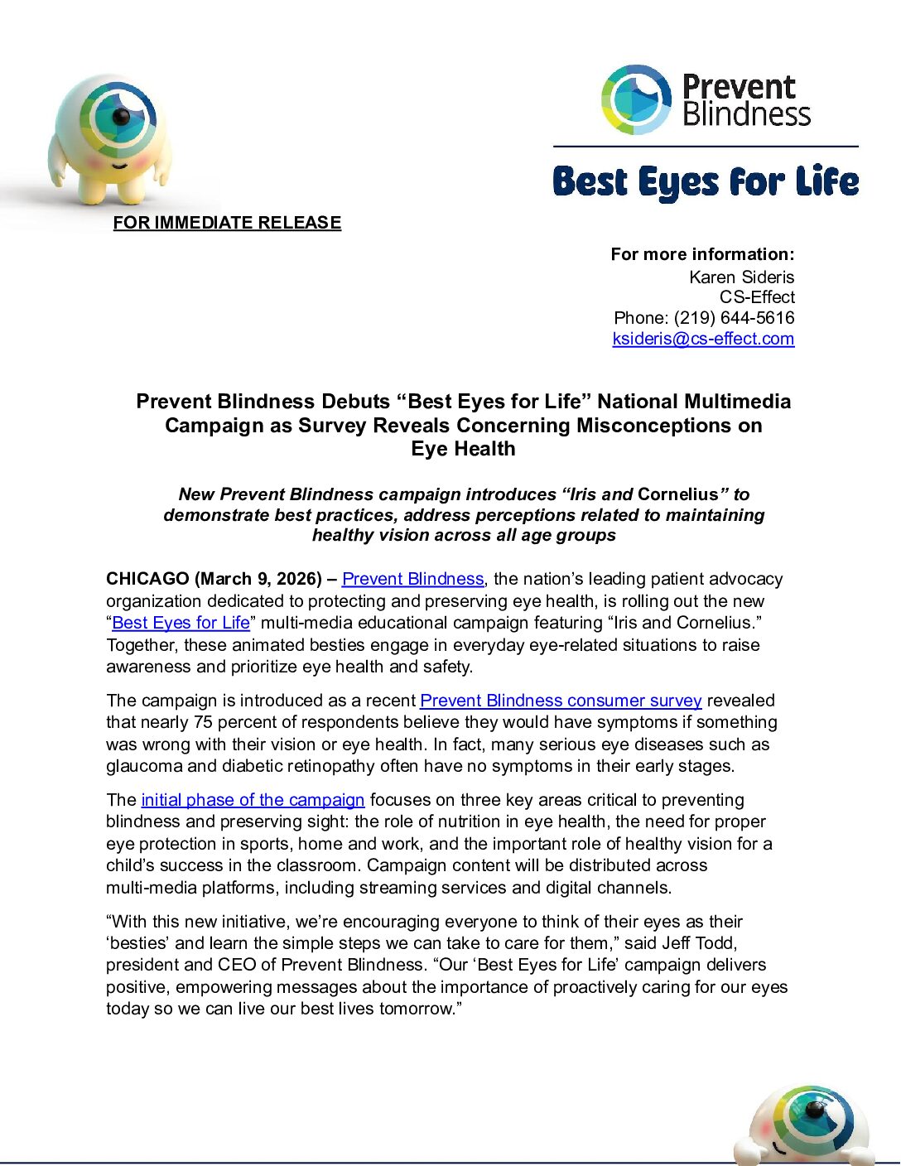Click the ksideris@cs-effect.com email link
(x=703, y=339)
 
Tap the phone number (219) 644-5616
(x=734, y=318)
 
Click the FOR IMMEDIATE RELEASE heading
(x=227, y=223)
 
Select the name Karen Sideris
(x=741, y=277)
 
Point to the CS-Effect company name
(x=757, y=297)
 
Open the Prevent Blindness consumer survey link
(x=561, y=701)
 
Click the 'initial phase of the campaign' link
(x=253, y=800)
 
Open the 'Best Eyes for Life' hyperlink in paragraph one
(x=181, y=623)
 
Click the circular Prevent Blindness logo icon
(x=635, y=99)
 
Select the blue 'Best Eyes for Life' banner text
(x=706, y=182)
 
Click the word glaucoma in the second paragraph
(x=141, y=766)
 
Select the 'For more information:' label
(x=702, y=254)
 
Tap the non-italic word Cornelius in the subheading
(x=677, y=494)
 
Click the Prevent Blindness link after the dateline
(x=412, y=579)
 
